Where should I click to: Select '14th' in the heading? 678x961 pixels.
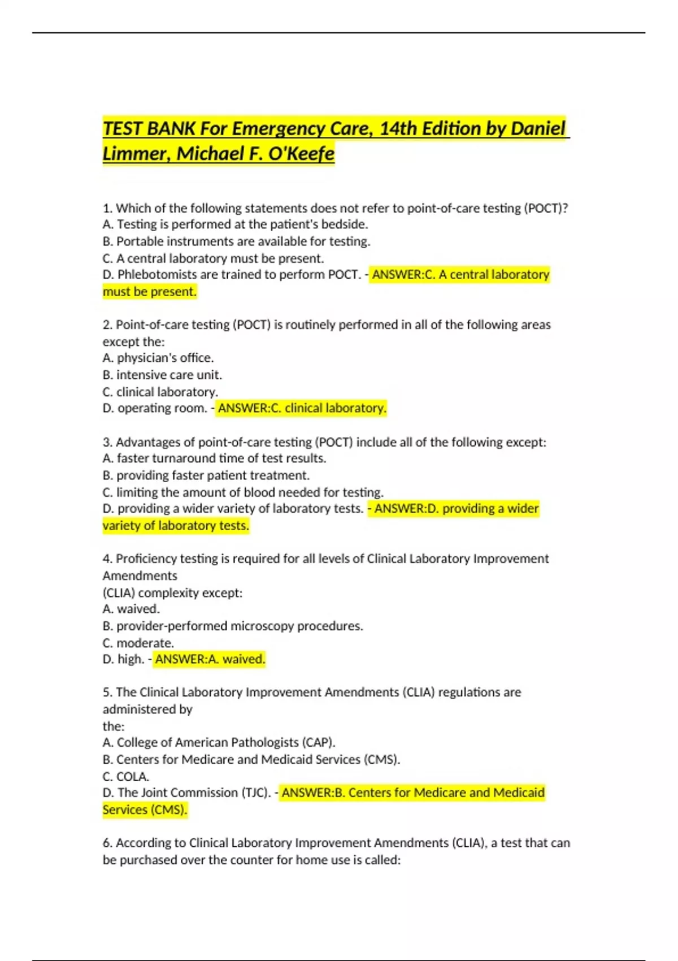click(398, 129)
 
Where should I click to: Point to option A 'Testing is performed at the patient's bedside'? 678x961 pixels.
click(235, 224)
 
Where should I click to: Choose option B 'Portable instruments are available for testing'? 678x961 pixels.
click(236, 241)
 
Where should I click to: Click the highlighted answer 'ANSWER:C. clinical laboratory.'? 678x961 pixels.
click(302, 408)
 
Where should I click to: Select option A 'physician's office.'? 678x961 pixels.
click(158, 358)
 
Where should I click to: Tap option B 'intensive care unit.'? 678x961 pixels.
click(162, 375)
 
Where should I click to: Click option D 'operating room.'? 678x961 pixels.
click(155, 408)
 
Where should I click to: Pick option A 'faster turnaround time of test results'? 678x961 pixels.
click(214, 458)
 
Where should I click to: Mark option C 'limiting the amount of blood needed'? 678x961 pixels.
click(243, 492)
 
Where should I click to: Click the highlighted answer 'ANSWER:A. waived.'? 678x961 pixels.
click(210, 659)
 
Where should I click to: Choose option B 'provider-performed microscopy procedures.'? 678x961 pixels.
click(233, 626)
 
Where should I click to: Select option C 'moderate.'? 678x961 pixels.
click(138, 643)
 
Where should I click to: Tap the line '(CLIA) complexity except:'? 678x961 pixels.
click(172, 593)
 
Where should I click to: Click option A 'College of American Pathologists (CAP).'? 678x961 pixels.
click(219, 742)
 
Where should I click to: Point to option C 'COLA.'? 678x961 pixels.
click(126, 777)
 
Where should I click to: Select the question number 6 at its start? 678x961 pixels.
click(107, 843)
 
